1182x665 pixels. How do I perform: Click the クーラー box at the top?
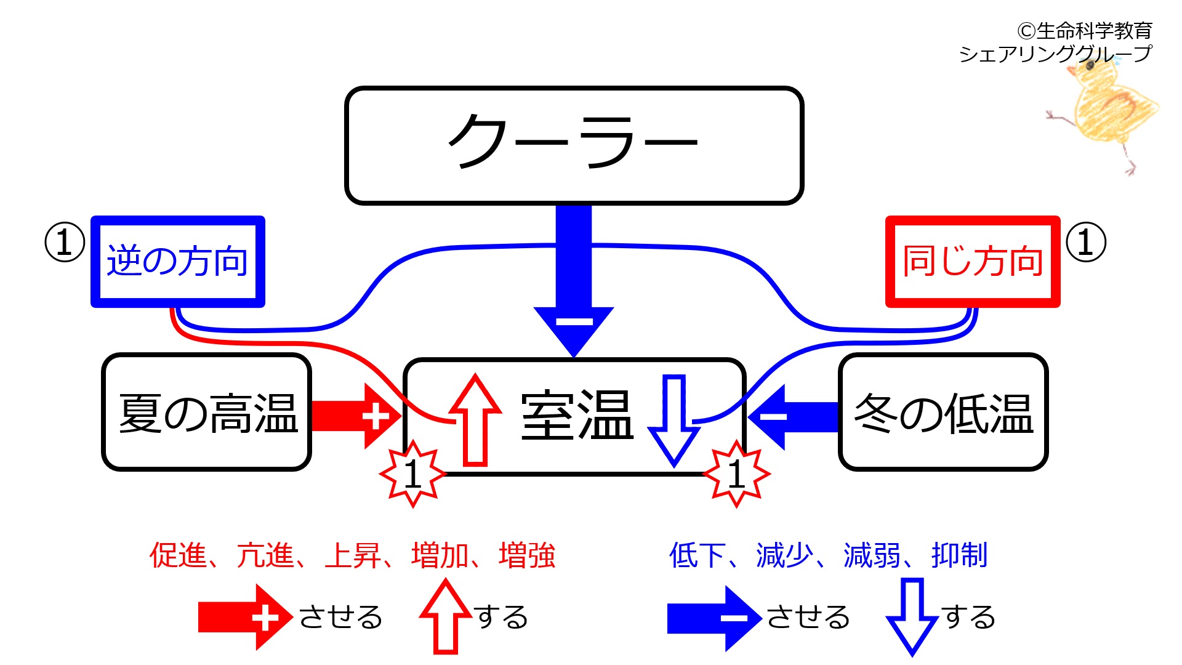click(x=574, y=145)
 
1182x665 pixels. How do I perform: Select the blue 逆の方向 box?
click(x=178, y=261)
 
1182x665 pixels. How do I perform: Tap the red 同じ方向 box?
click(x=973, y=261)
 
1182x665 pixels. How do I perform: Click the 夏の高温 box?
click(x=207, y=412)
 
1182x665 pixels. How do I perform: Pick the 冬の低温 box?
click(x=943, y=412)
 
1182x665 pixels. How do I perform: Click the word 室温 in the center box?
click(x=577, y=416)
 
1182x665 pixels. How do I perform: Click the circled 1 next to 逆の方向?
click(x=65, y=242)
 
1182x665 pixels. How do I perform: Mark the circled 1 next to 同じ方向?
click(x=1086, y=242)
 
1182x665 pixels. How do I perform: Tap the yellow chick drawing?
click(x=1105, y=108)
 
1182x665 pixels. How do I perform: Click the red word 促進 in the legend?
click(x=178, y=555)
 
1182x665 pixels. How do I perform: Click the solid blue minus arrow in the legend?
click(x=714, y=618)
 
